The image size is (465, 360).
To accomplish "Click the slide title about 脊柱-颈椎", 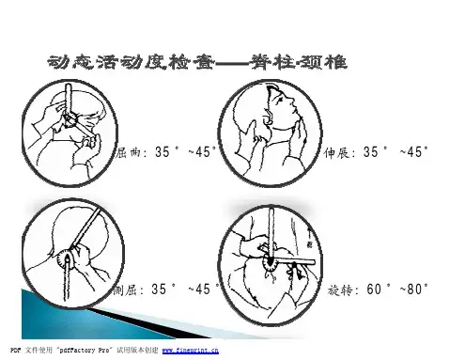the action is [x=197, y=62].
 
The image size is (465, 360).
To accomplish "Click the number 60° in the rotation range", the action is [x=379, y=290].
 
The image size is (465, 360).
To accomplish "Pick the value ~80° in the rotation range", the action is [x=413, y=290].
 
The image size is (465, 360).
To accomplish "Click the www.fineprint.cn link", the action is [x=191, y=351].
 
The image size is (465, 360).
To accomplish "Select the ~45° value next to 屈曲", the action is [x=203, y=152].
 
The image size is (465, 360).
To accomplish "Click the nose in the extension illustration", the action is [x=292, y=101].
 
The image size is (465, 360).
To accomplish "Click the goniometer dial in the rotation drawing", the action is [x=271, y=264].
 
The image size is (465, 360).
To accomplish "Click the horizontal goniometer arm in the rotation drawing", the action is [x=293, y=262].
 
